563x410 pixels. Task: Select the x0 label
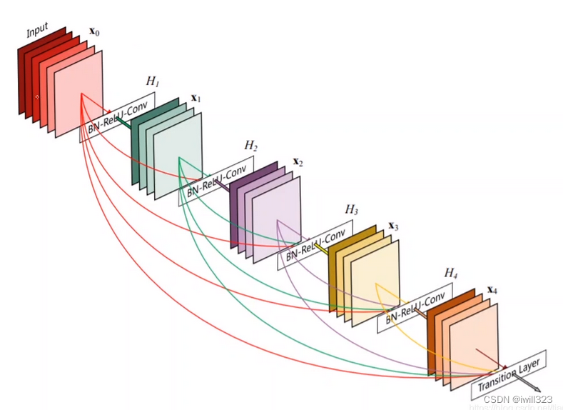tap(93, 32)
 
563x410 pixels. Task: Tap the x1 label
tap(195, 97)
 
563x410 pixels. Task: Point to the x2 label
tap(297, 162)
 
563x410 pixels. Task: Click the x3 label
tap(393, 226)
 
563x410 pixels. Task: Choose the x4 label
tap(492, 291)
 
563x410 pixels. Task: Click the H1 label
tap(152, 81)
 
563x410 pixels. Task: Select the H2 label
tap(250, 146)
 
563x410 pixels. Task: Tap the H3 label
tap(351, 209)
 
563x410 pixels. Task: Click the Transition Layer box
tap(509, 374)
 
